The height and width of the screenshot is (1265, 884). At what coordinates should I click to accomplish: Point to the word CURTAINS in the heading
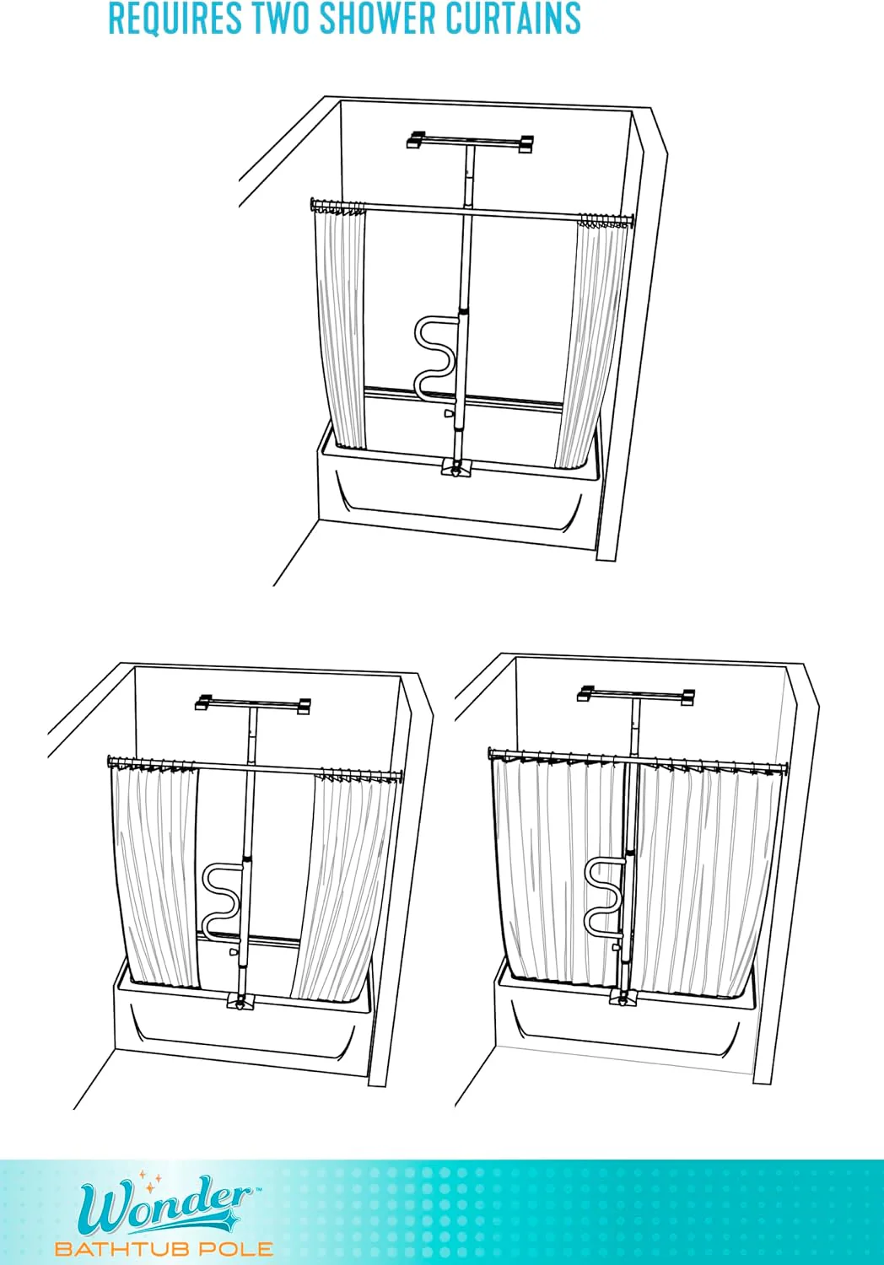[x=513, y=18]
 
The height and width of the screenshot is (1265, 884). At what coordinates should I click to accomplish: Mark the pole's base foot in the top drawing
[x=455, y=467]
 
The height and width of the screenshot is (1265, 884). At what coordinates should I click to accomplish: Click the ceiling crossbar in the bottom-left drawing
[x=252, y=704]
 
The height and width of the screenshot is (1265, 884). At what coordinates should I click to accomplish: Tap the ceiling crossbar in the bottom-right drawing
[x=636, y=695]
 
